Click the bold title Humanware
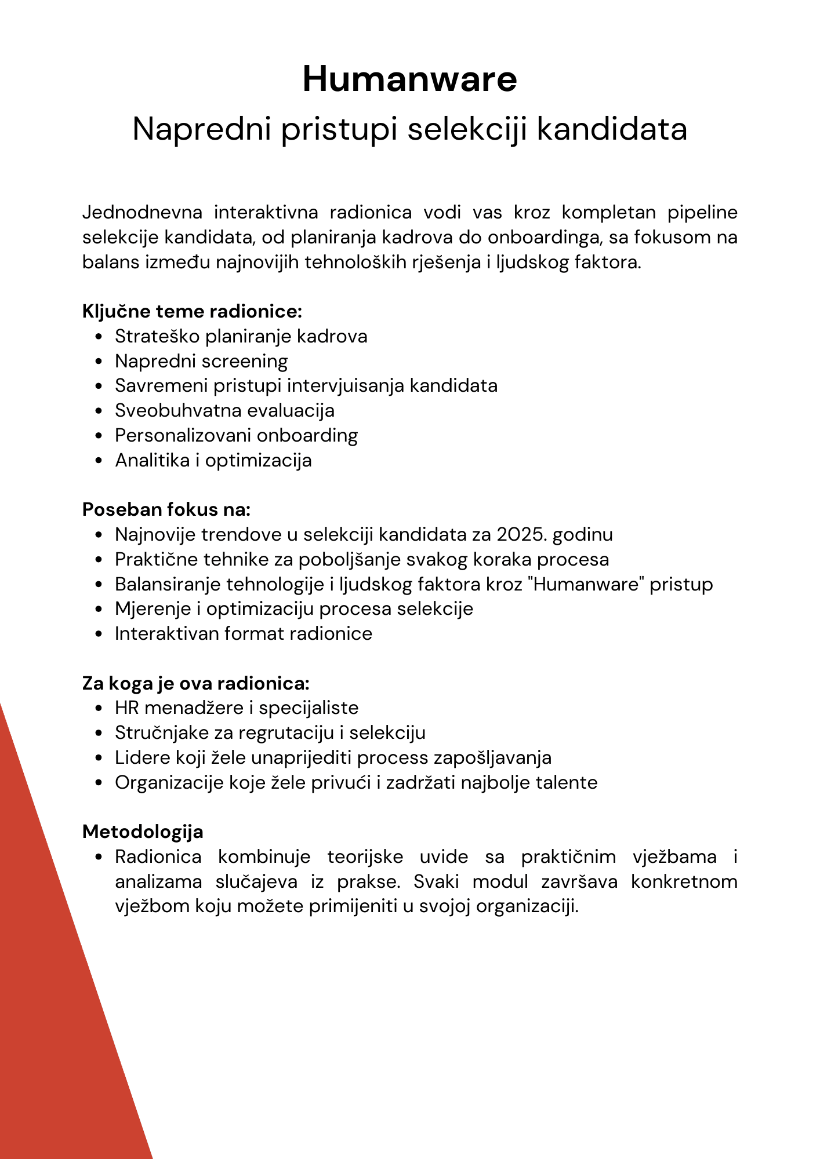click(409, 79)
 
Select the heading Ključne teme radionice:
click(192, 311)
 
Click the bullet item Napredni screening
click(201, 361)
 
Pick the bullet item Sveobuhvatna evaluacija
click(224, 410)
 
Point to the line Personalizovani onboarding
click(236, 435)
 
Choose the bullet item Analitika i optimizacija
click(213, 460)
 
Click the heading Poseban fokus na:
click(166, 509)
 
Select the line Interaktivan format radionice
click(243, 633)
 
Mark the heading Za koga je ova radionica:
click(196, 683)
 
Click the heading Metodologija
click(143, 832)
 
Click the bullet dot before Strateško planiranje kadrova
click(100, 337)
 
